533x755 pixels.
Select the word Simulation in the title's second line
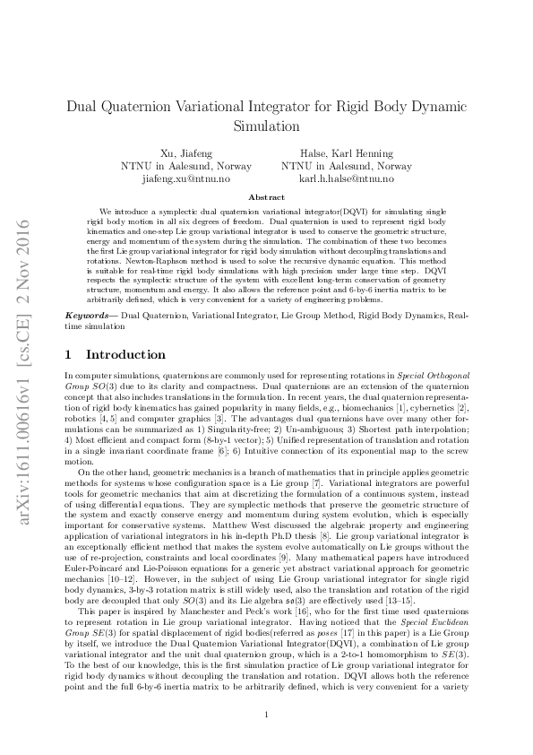(x=266, y=126)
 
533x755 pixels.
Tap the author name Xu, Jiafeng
(x=185, y=153)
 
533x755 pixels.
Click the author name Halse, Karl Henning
(x=347, y=153)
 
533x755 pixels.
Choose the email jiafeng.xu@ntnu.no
(x=185, y=179)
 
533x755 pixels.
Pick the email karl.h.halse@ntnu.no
(x=347, y=179)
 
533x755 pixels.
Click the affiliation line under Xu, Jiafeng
(x=185, y=167)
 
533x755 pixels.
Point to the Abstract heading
(x=266, y=197)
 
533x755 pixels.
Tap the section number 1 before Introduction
(x=70, y=354)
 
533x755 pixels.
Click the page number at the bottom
(x=266, y=715)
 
